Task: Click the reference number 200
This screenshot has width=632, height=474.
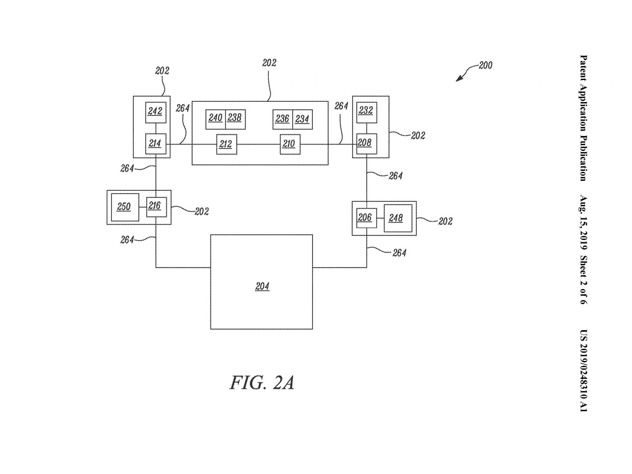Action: pyautogui.click(x=485, y=65)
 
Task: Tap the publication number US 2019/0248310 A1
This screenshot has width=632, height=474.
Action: pyautogui.click(x=583, y=371)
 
